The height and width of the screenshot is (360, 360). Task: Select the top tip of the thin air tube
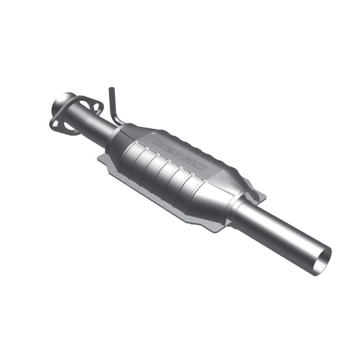(x=109, y=90)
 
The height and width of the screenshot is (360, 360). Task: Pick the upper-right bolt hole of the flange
(x=95, y=105)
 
